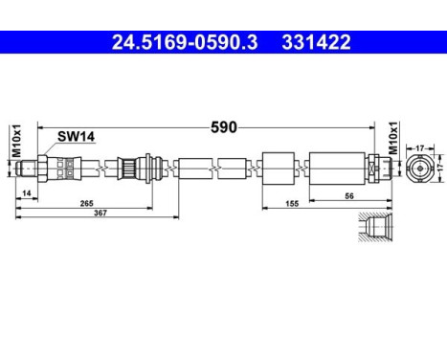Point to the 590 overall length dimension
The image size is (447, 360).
click(224, 125)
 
